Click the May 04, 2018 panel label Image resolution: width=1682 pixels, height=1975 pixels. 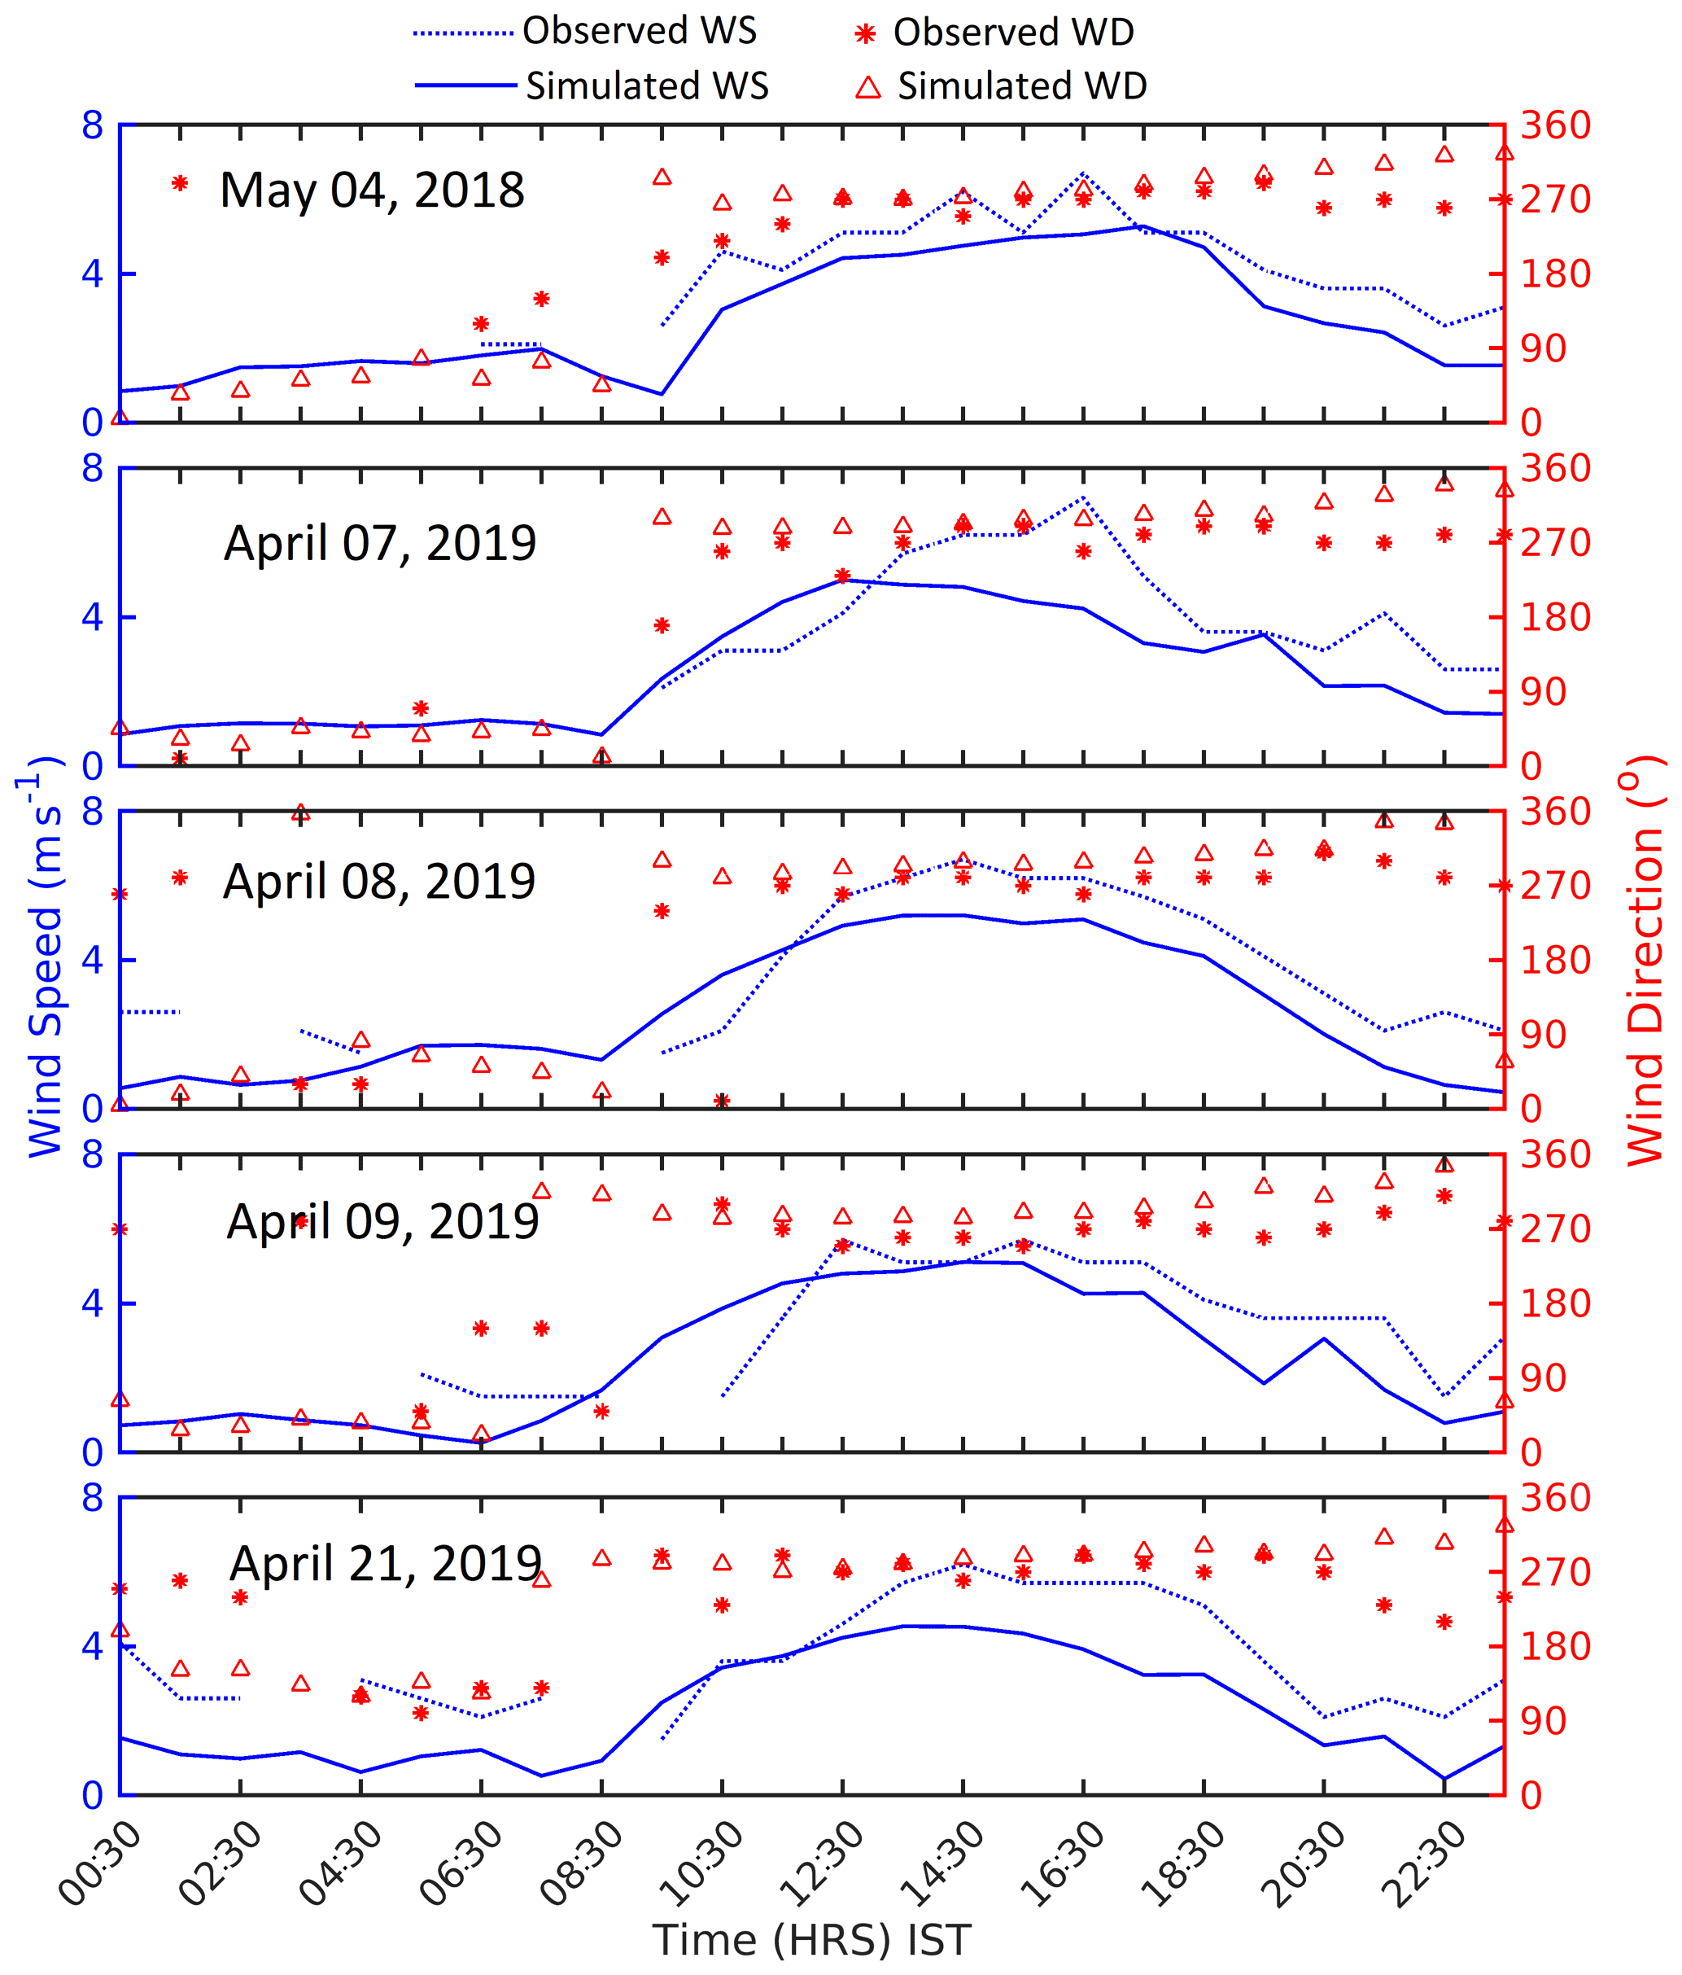tap(372, 190)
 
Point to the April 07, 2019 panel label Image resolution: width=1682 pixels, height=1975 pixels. tap(379, 542)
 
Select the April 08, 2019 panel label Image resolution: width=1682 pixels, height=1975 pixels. tap(378, 881)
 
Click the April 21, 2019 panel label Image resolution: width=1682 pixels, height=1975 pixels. tap(385, 1562)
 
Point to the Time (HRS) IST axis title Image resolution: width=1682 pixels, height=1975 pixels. tap(812, 1940)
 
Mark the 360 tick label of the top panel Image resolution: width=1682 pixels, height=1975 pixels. tap(1554, 125)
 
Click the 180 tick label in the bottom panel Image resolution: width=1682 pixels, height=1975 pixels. tap(1554, 1646)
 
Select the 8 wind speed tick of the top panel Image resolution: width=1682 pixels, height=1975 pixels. tap(93, 125)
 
